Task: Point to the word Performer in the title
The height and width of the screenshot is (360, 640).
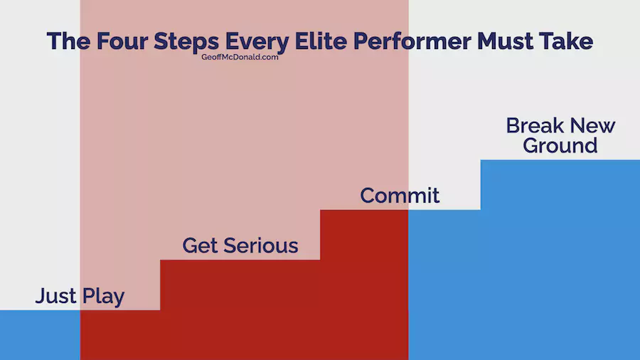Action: tap(412, 41)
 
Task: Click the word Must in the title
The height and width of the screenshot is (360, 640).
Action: tap(505, 41)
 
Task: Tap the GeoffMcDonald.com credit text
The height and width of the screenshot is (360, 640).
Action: tap(240, 57)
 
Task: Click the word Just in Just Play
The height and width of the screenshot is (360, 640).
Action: tap(56, 297)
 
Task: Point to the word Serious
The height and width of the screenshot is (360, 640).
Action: tap(261, 245)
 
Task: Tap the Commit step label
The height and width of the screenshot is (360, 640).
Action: tap(400, 196)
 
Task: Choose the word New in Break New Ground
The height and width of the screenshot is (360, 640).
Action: tap(592, 126)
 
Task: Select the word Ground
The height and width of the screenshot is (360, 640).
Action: tap(560, 146)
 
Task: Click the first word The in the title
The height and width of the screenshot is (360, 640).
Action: tap(68, 41)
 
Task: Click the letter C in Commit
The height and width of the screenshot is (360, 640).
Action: tap(368, 196)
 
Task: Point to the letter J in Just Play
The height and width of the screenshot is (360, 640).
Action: tap(41, 297)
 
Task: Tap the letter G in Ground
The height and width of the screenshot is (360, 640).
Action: tap(532, 146)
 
